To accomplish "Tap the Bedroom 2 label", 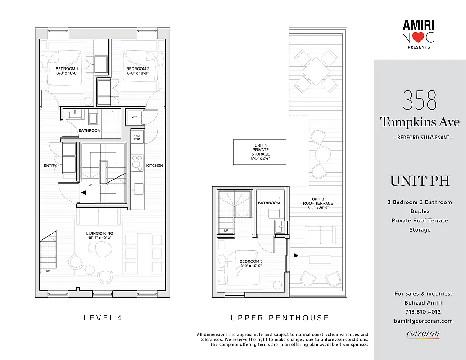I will [x=138, y=71].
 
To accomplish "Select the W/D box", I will [x=134, y=117].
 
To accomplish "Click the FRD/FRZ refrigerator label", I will [x=136, y=138].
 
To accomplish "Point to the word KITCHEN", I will [x=154, y=166].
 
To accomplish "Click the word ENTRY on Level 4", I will [x=50, y=166].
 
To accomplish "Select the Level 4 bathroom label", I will [x=90, y=130].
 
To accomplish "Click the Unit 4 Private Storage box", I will [x=259, y=152].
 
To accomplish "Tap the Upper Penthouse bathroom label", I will [x=269, y=203].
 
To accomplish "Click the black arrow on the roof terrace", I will [x=295, y=256].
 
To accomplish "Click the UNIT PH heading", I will [x=420, y=181].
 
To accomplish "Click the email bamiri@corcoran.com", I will [x=423, y=321].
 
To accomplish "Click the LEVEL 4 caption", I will [x=103, y=318].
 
